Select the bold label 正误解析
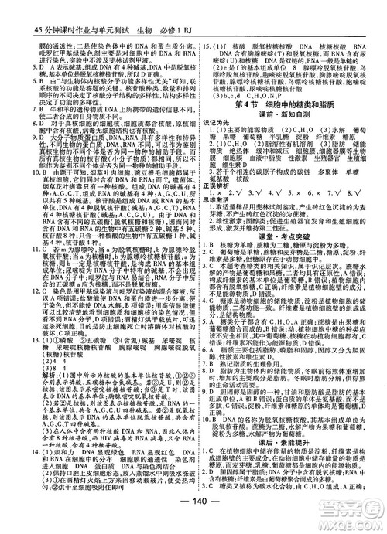(x=214, y=185)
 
